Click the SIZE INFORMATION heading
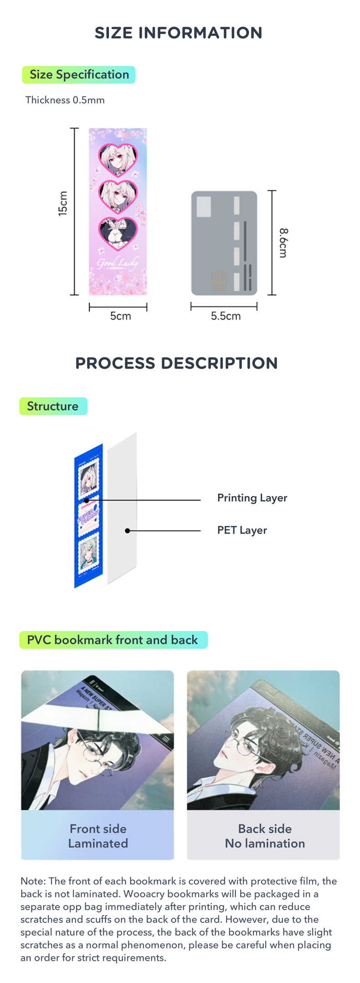[x=178, y=33]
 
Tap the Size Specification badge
[x=79, y=75]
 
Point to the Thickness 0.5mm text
[x=65, y=100]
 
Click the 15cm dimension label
[x=63, y=203]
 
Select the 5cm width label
[x=120, y=316]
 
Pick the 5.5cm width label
[x=226, y=316]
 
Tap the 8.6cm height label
[x=283, y=243]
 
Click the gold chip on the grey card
[x=219, y=281]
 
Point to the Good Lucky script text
[x=117, y=263]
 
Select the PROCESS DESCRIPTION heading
[x=176, y=363]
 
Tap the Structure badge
[x=53, y=406]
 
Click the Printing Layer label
[x=252, y=498]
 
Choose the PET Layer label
[x=242, y=530]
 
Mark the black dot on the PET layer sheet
[x=128, y=530]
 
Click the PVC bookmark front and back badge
[x=113, y=640]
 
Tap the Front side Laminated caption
[x=98, y=836]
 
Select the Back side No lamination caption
[x=265, y=836]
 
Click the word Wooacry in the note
[x=142, y=894]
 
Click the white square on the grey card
[x=204, y=206]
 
